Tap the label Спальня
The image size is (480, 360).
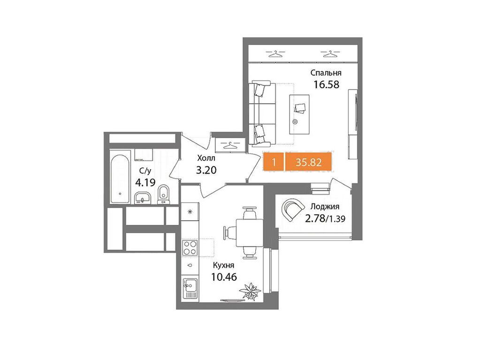326,73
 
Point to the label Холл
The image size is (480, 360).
206,158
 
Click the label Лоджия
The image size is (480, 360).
324,206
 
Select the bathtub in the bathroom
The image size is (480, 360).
120,179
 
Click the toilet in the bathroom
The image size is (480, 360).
163,193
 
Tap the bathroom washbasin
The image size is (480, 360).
142,198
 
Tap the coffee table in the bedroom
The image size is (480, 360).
299,112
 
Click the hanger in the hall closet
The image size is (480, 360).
229,145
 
